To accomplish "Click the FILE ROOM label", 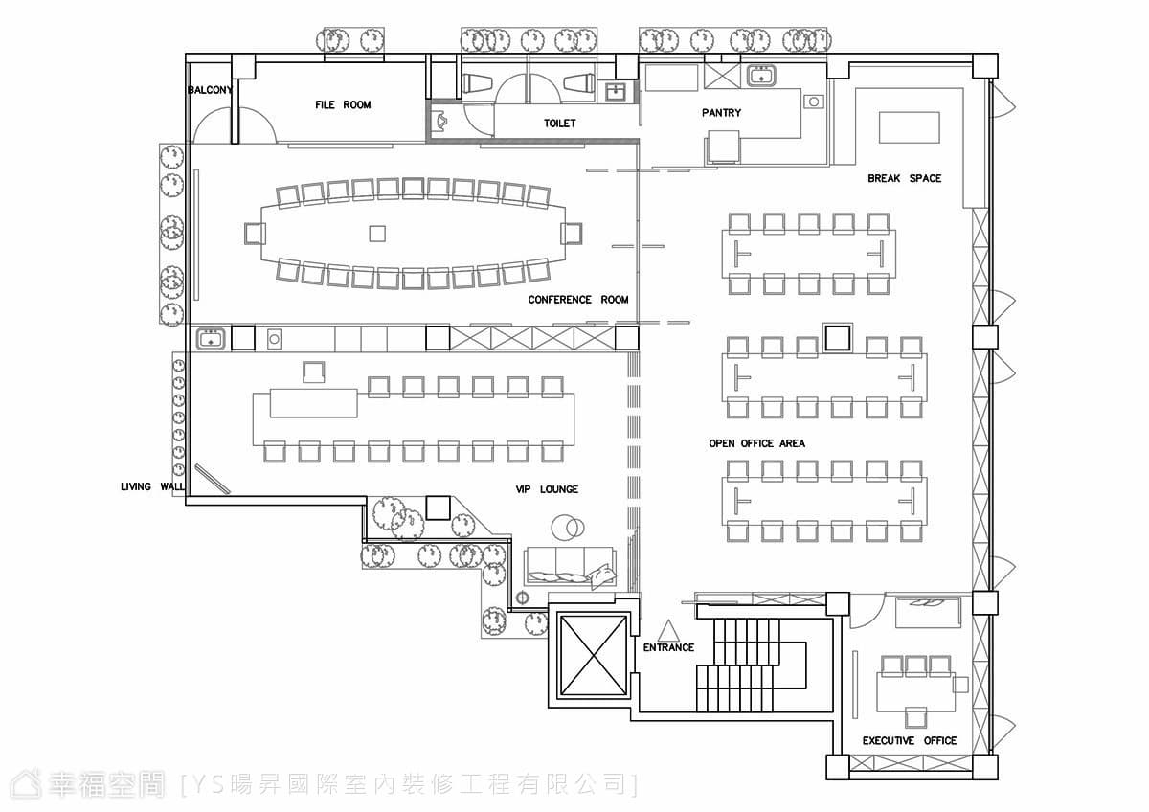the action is pyautogui.click(x=343, y=104).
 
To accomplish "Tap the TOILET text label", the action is pyautogui.click(x=559, y=124).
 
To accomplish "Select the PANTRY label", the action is pyautogui.click(x=721, y=112).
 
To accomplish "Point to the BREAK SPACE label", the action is pyautogui.click(x=904, y=178).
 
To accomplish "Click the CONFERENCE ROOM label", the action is pyautogui.click(x=578, y=300).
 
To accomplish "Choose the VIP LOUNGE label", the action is pyautogui.click(x=547, y=489).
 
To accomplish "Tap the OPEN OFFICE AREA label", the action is pyautogui.click(x=756, y=443).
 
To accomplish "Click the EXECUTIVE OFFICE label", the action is pyautogui.click(x=910, y=741).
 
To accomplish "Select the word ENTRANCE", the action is pyautogui.click(x=668, y=647).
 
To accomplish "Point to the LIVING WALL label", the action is pyautogui.click(x=152, y=486).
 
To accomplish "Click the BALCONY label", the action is pyautogui.click(x=210, y=90).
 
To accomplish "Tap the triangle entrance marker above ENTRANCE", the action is pyautogui.click(x=668, y=630).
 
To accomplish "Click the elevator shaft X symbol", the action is pyautogui.click(x=594, y=655).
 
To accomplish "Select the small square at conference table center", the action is pyautogui.click(x=377, y=234).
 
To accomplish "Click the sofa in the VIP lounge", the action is pyautogui.click(x=570, y=567).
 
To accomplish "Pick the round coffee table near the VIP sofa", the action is pyautogui.click(x=568, y=528).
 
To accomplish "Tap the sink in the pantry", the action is pyautogui.click(x=760, y=76).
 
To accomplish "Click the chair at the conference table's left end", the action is pyautogui.click(x=255, y=234).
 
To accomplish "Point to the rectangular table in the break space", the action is pyautogui.click(x=909, y=127).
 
